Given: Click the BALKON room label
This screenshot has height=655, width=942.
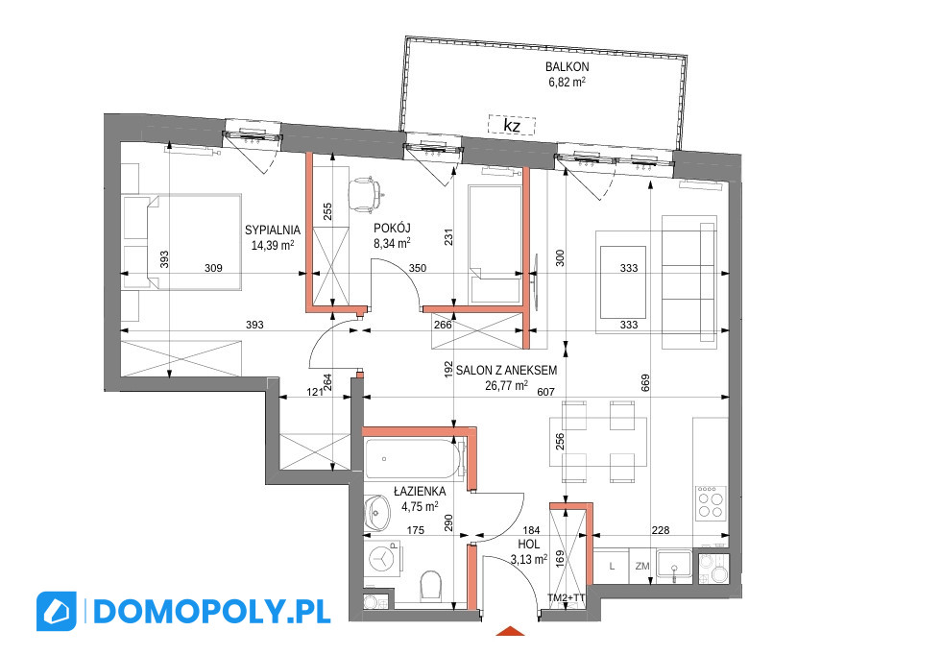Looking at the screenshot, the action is click(568, 67).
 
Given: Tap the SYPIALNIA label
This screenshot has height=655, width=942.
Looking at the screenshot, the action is click(273, 230).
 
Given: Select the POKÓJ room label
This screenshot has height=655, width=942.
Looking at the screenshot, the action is click(392, 229).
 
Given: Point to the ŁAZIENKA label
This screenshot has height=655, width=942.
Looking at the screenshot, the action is click(420, 492).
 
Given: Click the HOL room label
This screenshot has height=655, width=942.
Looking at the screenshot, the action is click(529, 545).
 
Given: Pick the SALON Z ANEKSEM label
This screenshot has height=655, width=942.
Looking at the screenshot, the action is click(506, 371).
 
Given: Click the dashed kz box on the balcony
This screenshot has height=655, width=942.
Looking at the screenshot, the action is click(511, 126).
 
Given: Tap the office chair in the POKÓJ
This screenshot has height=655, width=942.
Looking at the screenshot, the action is click(366, 193).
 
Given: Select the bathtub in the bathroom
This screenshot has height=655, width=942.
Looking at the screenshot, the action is click(414, 459).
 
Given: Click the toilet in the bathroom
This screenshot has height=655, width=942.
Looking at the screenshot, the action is click(431, 584).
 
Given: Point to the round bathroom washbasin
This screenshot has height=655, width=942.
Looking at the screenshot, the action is click(376, 513).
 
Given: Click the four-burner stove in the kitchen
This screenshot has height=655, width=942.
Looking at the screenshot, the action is click(711, 503).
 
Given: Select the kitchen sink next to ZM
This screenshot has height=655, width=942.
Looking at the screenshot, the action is click(673, 566).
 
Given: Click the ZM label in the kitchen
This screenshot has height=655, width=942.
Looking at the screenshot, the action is click(642, 566).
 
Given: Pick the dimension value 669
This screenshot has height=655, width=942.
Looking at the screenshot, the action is click(646, 383).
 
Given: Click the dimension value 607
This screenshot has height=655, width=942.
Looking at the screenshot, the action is click(545, 391).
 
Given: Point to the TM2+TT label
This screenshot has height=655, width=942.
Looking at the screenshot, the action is click(566, 598).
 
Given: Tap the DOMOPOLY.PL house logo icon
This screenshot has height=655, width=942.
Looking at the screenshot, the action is click(57, 611).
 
